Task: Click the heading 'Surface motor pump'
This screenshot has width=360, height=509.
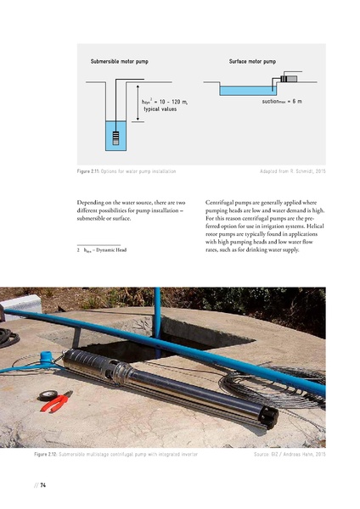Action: click(252, 62)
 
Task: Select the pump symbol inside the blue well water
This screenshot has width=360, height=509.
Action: click(114, 134)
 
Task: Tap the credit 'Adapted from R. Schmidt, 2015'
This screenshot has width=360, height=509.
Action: click(292, 171)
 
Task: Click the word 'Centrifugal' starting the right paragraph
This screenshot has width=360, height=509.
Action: click(222, 204)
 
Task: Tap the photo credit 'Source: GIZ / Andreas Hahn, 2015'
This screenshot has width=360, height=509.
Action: click(289, 456)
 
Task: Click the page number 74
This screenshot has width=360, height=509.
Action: click(42, 484)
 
